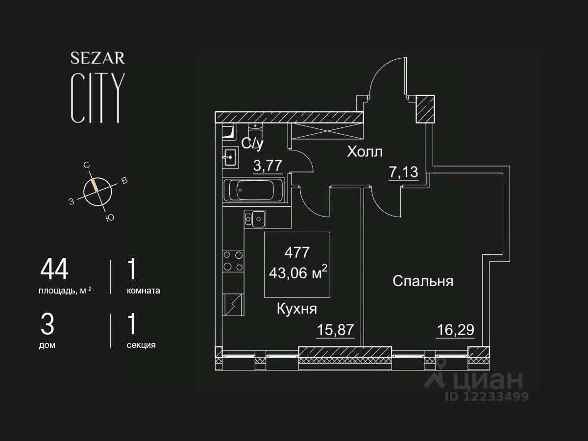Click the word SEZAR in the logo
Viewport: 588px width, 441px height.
click(x=98, y=58)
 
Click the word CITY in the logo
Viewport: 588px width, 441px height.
click(x=97, y=98)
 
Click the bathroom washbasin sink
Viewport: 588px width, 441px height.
click(x=230, y=157)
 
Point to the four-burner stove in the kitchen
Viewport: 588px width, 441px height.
click(x=233, y=261)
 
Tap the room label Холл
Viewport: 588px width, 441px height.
click(x=365, y=152)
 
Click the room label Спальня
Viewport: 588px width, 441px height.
click(x=423, y=281)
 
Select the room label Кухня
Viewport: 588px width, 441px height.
click(x=297, y=309)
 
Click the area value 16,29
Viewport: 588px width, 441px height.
click(x=455, y=329)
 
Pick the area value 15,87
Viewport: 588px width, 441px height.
click(x=335, y=329)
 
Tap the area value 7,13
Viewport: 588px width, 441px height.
click(x=403, y=172)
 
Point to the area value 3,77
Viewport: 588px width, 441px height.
click(x=268, y=166)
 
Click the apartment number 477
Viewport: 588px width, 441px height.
click(x=297, y=252)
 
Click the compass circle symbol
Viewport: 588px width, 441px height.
click(x=98, y=191)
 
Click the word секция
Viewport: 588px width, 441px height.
click(x=141, y=345)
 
